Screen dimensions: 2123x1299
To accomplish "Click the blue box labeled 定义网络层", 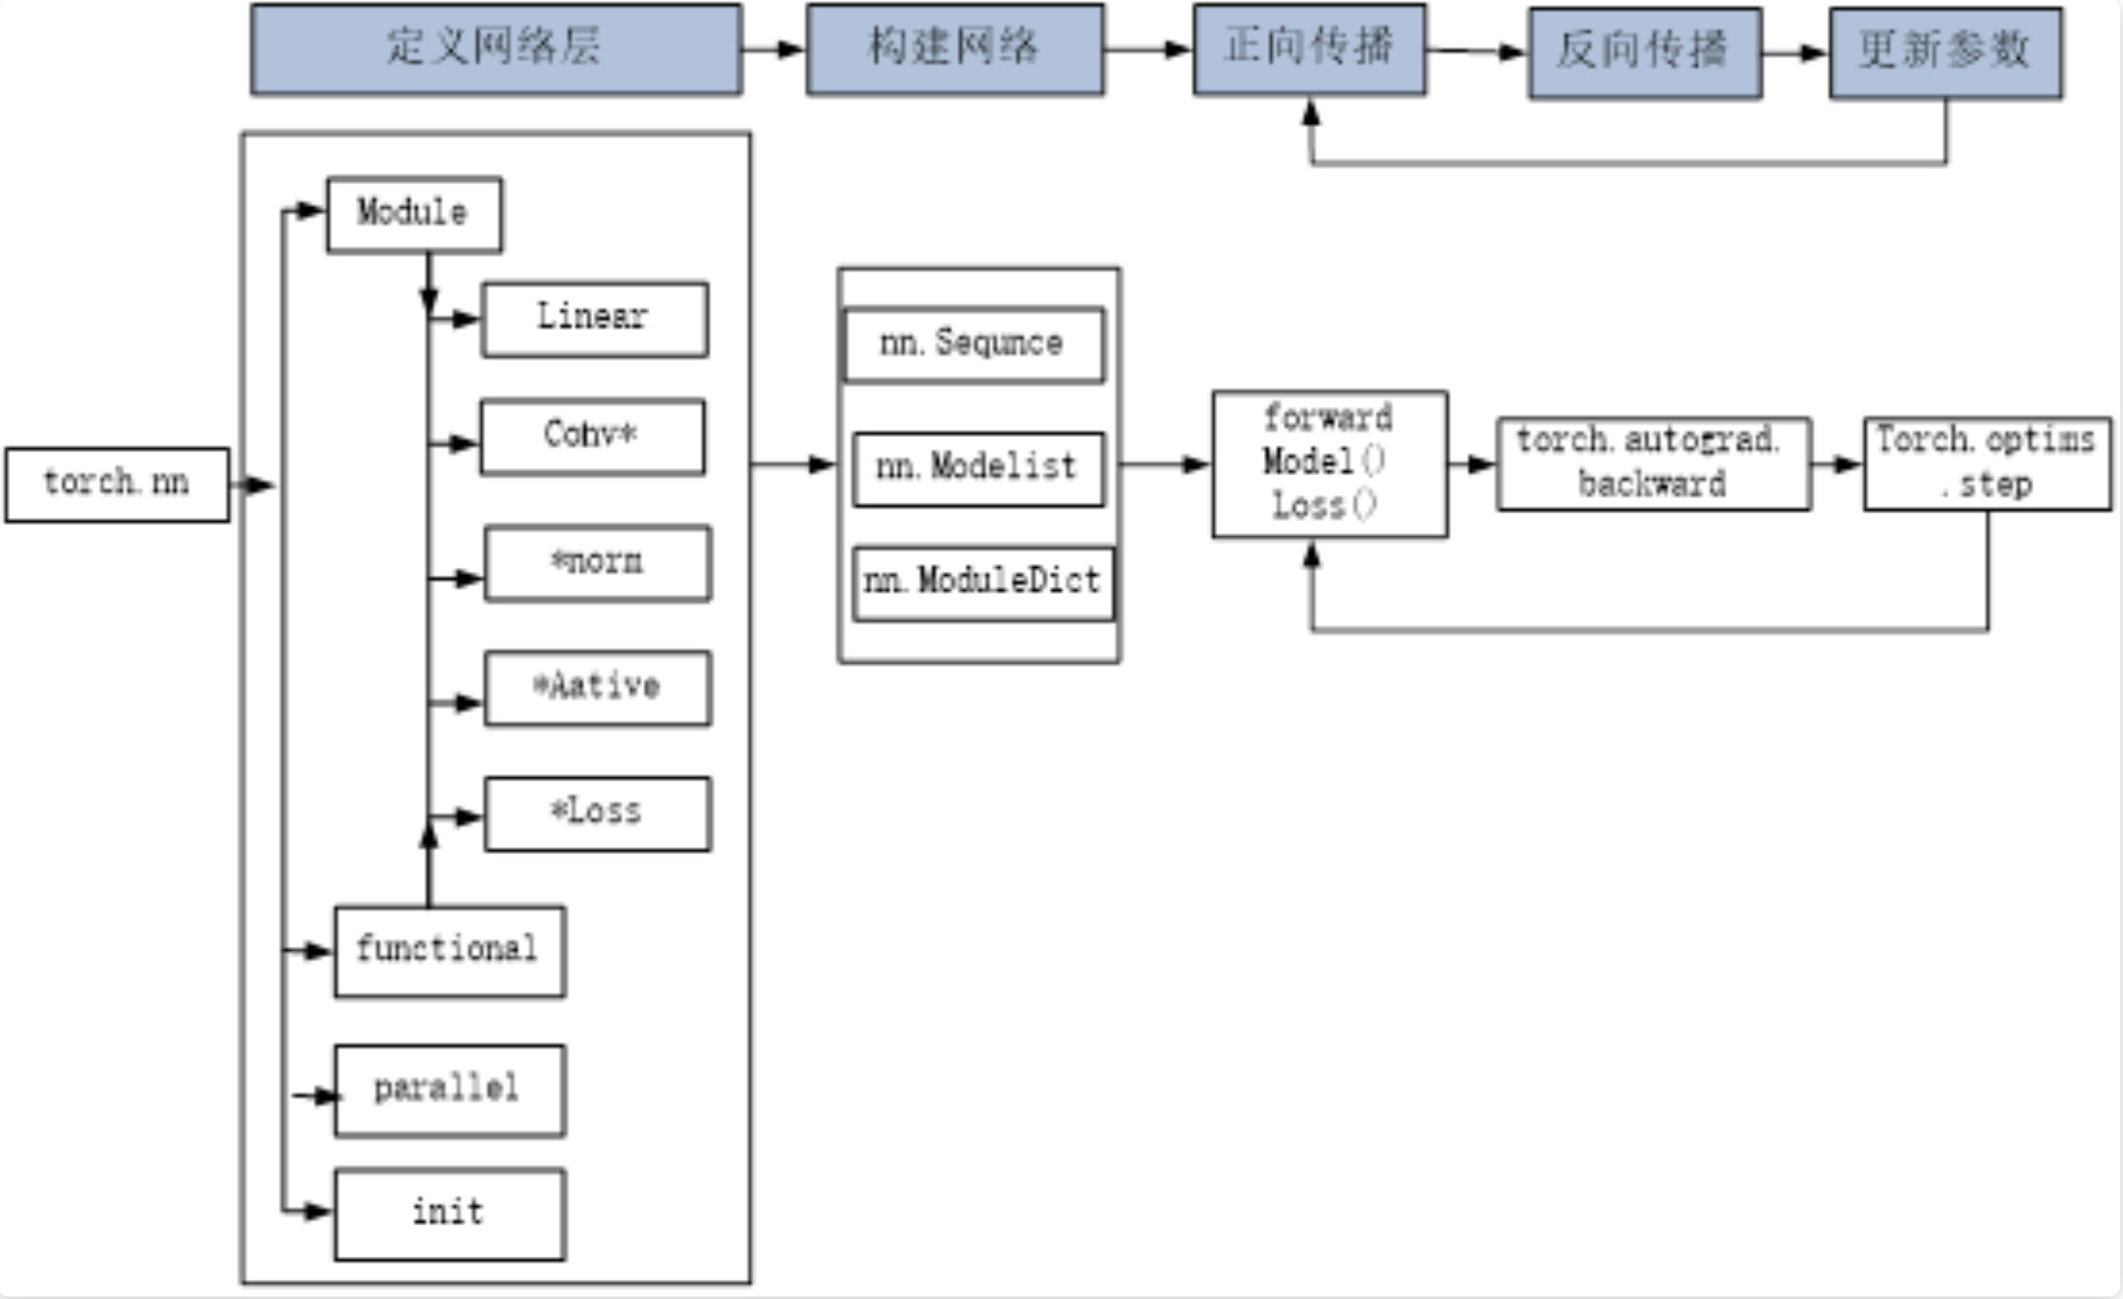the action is [496, 49].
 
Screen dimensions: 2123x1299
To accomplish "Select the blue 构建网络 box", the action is [955, 49].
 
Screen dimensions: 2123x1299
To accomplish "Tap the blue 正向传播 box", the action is [1310, 49].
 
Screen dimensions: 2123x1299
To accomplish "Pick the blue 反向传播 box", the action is [1645, 53].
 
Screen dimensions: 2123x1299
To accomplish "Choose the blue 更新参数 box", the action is [1945, 53].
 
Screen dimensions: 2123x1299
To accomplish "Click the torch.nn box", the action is [117, 484].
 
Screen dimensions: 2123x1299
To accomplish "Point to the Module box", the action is [414, 215].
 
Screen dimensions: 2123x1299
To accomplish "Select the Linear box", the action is [595, 319].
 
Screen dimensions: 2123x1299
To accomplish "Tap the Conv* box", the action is [592, 437].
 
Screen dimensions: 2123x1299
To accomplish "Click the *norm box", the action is [598, 563].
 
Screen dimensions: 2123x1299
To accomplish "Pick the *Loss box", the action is [598, 814].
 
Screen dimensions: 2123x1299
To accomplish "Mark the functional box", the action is [450, 952].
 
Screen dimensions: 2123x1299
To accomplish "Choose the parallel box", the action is [450, 1091].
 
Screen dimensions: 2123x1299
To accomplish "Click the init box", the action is [450, 1215].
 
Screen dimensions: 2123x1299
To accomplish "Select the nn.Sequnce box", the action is [973, 345].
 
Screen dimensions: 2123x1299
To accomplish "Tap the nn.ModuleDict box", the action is [984, 584].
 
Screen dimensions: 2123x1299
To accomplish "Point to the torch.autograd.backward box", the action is [1654, 464].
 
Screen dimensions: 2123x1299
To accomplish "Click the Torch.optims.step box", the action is [1987, 464].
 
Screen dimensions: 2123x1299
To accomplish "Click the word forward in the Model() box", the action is [1328, 418].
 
